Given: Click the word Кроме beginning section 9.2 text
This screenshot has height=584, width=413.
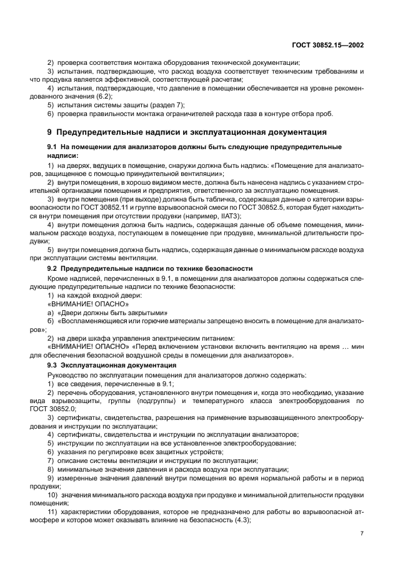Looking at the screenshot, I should (58, 278).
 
